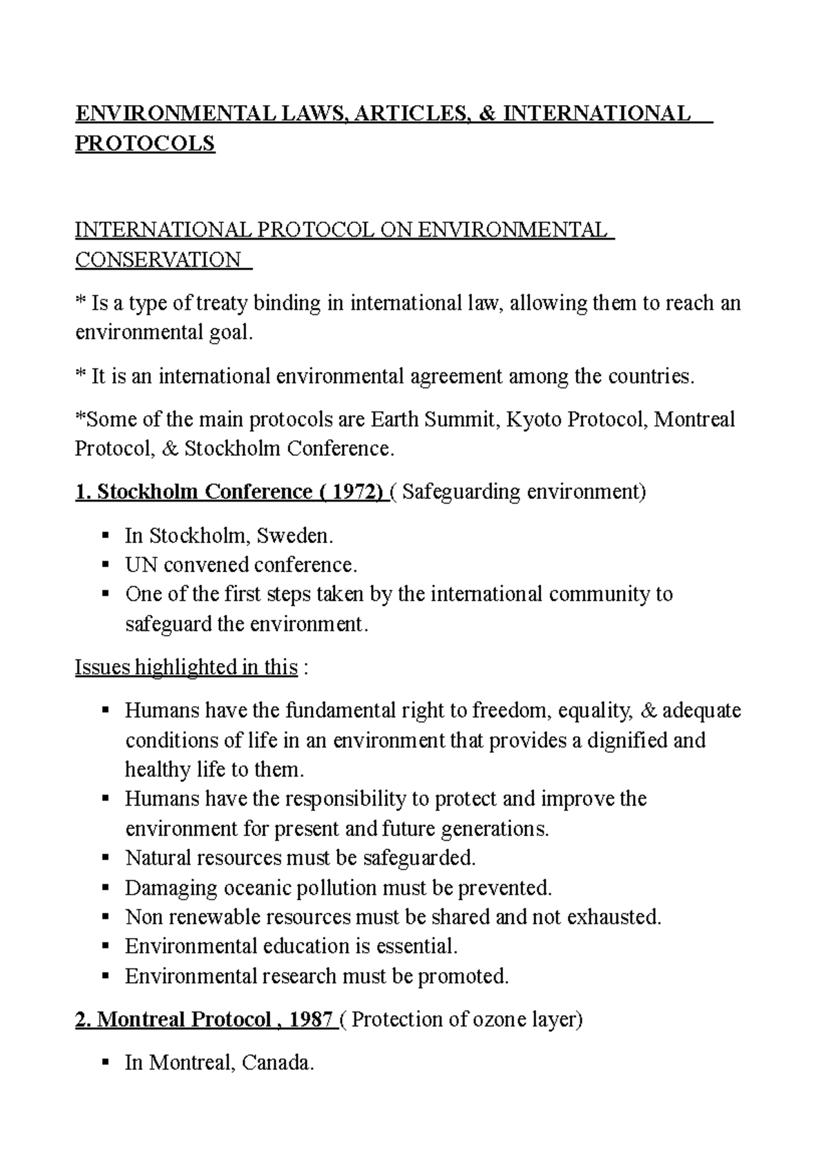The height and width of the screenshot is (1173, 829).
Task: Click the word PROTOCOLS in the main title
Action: (x=145, y=144)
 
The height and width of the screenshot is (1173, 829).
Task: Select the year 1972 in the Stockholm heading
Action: (x=356, y=492)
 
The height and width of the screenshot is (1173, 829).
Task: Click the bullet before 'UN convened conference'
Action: (x=106, y=564)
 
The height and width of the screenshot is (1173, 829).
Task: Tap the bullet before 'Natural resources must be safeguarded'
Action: (x=106, y=857)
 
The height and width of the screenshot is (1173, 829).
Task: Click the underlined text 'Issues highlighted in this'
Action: (x=187, y=667)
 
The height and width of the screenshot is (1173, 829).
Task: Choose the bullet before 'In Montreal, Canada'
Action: (x=106, y=1062)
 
